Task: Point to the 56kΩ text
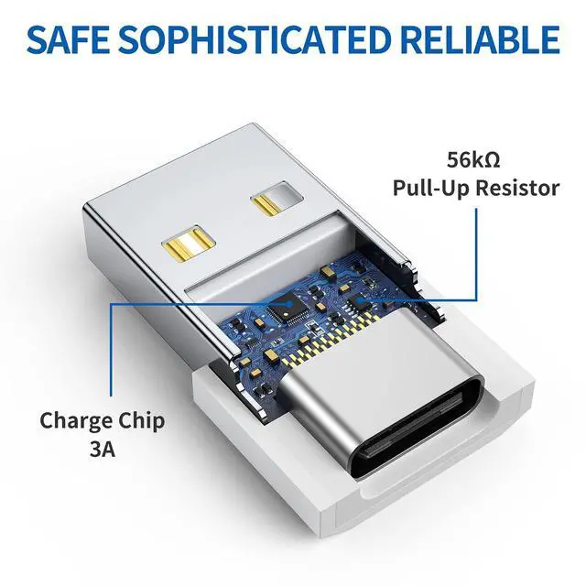click(x=474, y=159)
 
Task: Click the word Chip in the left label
click(x=141, y=421)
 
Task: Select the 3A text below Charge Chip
click(x=102, y=450)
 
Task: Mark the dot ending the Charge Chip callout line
click(x=291, y=303)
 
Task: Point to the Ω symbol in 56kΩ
click(x=492, y=159)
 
